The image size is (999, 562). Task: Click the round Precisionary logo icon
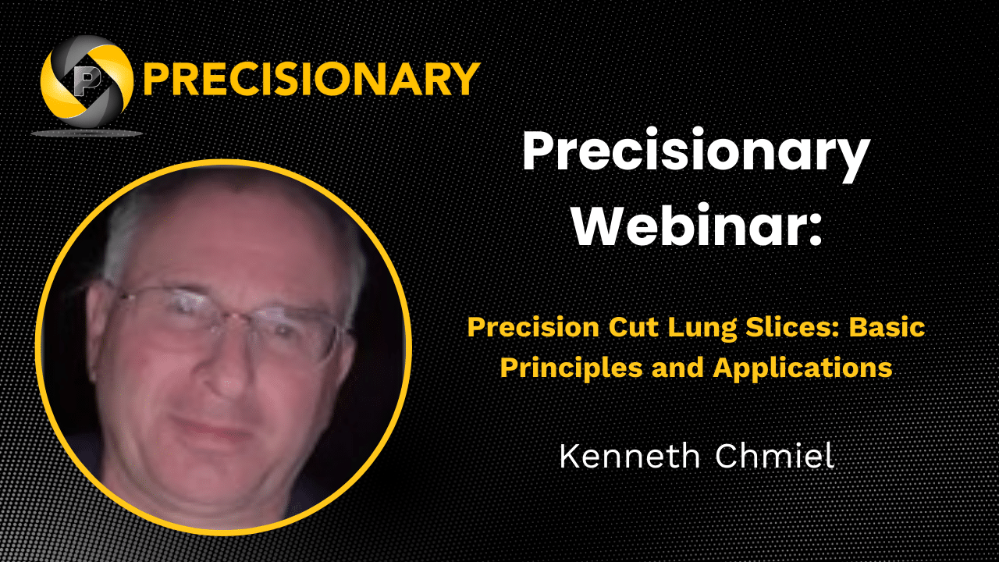coord(87,81)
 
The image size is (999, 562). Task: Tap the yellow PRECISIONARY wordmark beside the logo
coord(311,79)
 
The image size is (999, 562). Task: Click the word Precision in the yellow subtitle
coord(533,327)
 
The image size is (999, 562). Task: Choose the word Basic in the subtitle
coord(887,327)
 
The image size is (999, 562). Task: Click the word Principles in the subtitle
coord(571,368)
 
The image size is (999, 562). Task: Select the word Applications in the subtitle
coord(803,368)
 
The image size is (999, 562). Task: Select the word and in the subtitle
coord(678,368)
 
